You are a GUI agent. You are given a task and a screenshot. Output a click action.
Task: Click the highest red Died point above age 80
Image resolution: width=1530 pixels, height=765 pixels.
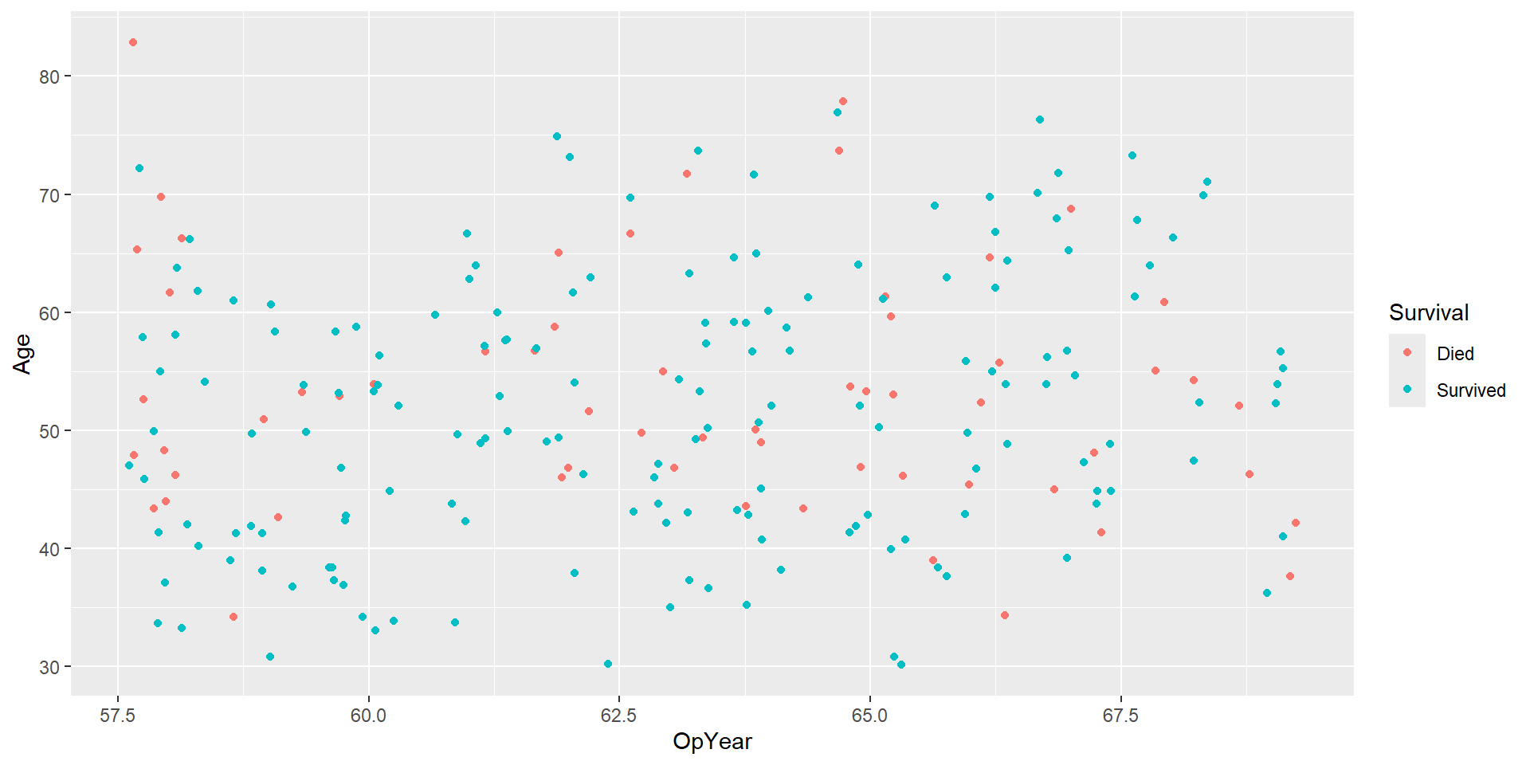tap(133, 42)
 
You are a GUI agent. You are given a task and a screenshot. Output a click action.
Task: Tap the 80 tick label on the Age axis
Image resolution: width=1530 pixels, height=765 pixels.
tap(49, 76)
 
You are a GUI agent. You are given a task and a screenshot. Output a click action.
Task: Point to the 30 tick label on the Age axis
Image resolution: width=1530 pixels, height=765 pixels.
tap(49, 667)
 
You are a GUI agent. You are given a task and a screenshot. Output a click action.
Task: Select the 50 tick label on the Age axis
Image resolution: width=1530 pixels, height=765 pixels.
tap(49, 431)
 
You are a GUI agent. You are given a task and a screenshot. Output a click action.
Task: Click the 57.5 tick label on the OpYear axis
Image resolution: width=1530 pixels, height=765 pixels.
tap(118, 716)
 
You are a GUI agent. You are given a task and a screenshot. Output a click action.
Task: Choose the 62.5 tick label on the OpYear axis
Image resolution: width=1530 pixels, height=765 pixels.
tap(619, 716)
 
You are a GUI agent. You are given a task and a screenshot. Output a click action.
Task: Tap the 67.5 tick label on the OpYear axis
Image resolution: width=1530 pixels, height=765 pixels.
tap(1120, 716)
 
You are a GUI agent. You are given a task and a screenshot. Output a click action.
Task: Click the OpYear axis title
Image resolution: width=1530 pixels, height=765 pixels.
tap(712, 742)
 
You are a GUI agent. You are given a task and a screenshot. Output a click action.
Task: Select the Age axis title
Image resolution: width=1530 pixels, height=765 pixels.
tap(22, 354)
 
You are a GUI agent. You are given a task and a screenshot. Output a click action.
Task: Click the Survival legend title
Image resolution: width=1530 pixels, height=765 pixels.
tap(1429, 312)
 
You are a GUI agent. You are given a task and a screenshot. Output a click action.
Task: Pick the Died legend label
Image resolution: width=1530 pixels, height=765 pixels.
tap(1455, 354)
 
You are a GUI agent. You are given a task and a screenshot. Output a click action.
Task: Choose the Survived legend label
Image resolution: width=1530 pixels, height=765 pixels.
tap(1471, 390)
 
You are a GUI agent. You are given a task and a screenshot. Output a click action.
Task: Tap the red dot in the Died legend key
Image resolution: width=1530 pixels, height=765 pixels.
tap(1407, 352)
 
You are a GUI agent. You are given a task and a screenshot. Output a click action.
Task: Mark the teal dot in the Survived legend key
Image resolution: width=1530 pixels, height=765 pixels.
tap(1407, 390)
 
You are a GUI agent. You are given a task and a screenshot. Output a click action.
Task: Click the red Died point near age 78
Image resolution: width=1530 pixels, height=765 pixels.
tap(843, 101)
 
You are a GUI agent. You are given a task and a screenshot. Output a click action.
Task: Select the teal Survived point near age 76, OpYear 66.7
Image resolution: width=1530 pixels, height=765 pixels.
tap(1040, 120)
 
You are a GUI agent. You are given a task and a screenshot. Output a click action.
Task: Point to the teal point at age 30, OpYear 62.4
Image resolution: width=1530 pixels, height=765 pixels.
tap(608, 664)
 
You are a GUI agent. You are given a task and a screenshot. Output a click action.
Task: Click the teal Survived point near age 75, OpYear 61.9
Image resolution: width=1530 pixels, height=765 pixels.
tap(557, 136)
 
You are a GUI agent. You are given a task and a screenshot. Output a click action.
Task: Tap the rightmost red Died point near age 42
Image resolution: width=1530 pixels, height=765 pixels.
tap(1296, 523)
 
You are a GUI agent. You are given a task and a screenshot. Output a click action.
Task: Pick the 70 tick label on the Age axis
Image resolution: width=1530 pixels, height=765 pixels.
tap(49, 195)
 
